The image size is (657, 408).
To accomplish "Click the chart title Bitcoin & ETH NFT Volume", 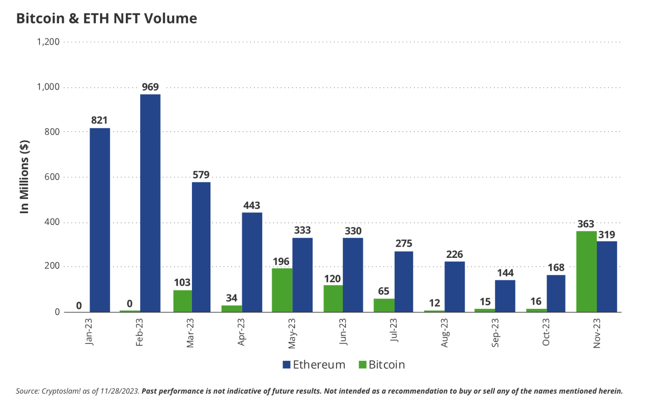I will point(107,18).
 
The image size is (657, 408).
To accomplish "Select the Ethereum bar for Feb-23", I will point(150,203).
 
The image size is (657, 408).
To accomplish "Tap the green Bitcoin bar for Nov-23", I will point(586,271).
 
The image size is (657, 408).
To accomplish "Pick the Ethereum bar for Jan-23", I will point(100,220).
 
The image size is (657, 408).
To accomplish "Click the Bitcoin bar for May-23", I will point(282,290).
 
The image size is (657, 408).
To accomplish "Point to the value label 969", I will point(150,87).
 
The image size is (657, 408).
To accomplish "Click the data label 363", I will point(586,224).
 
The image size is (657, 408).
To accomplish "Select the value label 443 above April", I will point(252,205).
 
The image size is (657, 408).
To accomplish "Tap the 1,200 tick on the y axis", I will point(48,42).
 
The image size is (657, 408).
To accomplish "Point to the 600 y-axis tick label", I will point(52,177).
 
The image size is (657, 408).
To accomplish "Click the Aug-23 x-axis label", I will point(445,333).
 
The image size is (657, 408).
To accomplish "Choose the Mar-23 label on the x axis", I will point(190,333).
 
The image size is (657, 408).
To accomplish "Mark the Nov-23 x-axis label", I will point(597,333).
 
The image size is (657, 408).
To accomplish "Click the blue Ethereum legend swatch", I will point(287,365).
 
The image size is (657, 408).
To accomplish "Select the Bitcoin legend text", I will point(387,365).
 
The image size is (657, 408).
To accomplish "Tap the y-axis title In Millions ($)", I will point(25,177).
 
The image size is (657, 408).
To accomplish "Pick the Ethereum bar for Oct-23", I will point(556,293).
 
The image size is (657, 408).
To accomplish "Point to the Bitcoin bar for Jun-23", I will point(333,298).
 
